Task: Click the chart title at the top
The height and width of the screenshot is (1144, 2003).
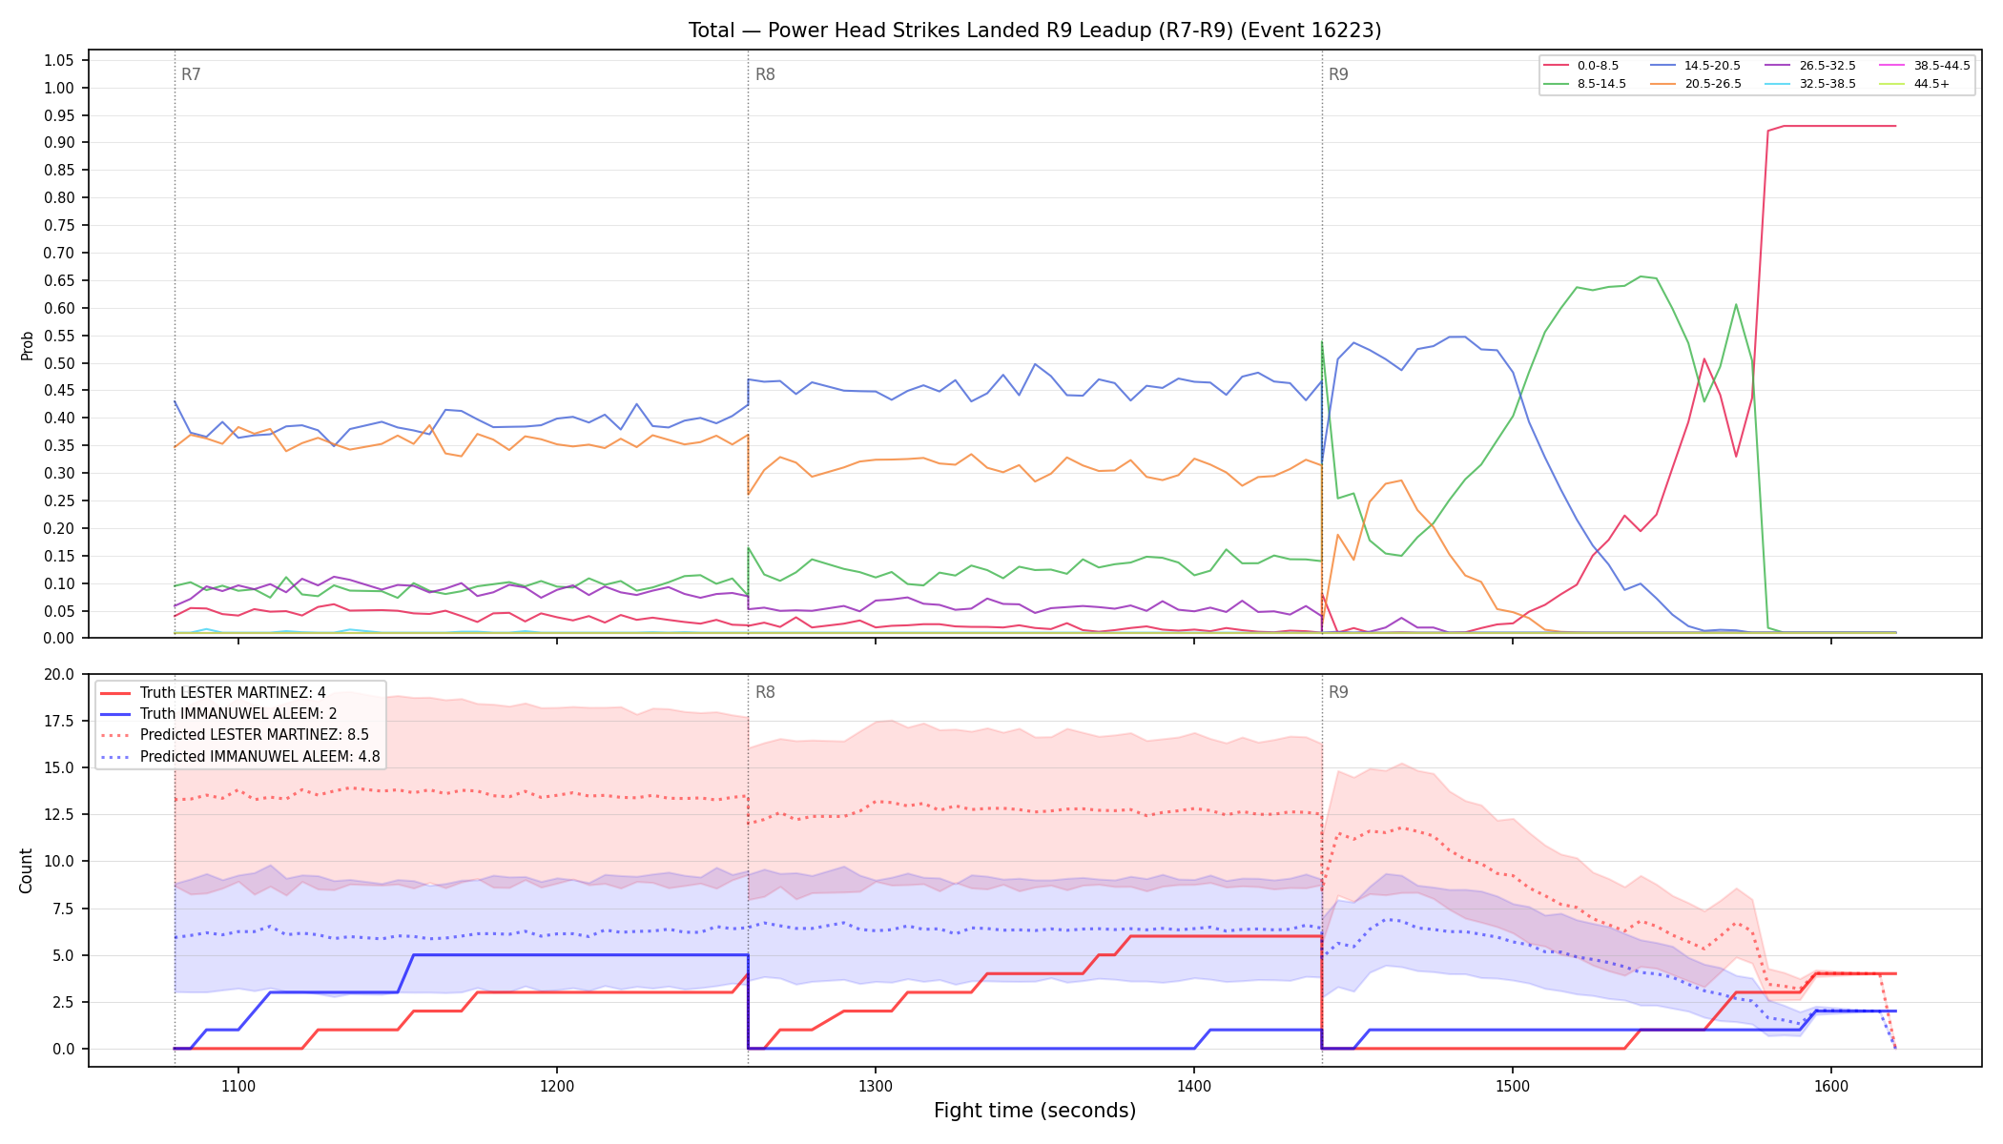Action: pos(1035,31)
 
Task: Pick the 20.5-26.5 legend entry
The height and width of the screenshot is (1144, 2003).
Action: pos(1697,84)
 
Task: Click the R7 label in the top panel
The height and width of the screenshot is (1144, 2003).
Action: pos(191,74)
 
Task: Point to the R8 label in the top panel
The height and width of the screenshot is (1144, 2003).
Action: pos(765,74)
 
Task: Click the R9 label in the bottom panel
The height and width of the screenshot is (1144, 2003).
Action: pos(1338,692)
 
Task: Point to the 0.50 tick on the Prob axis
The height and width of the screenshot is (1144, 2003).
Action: pos(59,363)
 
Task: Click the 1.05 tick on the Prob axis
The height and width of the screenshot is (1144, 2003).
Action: pos(59,61)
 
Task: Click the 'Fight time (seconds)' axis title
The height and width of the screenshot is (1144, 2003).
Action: pos(1035,1111)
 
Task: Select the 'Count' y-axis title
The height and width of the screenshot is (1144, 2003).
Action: pos(26,870)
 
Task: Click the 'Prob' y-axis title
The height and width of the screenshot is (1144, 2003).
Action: pos(27,345)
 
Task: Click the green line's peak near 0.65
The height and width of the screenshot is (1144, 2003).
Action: pos(1641,276)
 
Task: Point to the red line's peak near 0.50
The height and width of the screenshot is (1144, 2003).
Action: pos(1704,358)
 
